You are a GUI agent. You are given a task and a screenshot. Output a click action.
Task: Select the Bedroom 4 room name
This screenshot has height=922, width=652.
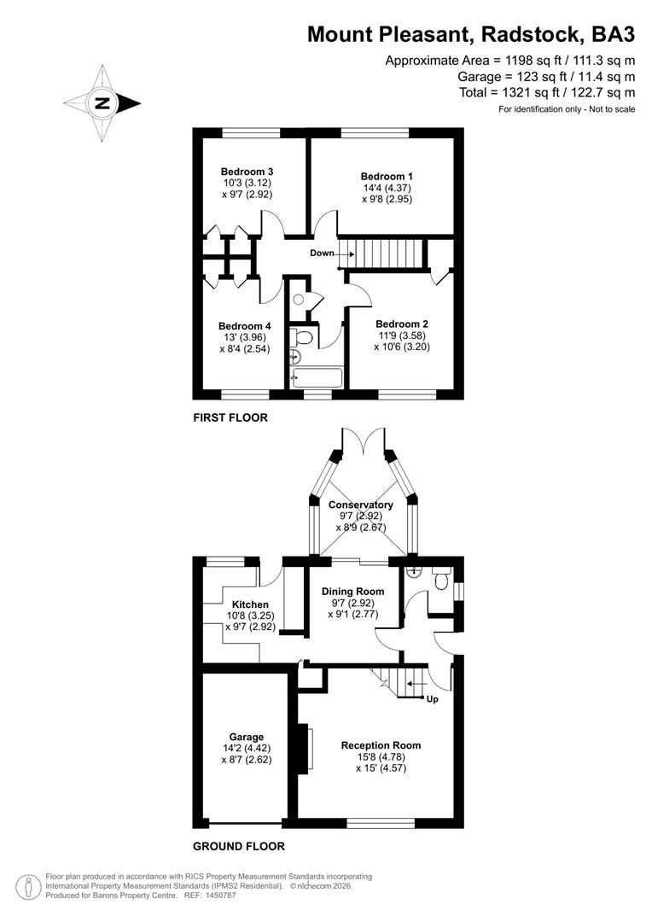[x=245, y=326]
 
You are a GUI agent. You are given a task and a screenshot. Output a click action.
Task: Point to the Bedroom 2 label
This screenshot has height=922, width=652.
[x=401, y=324]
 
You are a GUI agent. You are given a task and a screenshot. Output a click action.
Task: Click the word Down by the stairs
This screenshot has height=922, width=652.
[x=322, y=254]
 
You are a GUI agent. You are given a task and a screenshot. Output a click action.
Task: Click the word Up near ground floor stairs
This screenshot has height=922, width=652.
[x=432, y=699]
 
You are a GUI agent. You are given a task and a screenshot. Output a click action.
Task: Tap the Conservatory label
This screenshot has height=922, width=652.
[x=360, y=505]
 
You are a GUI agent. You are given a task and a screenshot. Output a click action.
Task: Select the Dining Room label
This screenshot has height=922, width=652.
[x=352, y=591]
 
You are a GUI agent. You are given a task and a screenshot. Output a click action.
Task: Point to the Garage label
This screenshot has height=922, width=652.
[x=246, y=737]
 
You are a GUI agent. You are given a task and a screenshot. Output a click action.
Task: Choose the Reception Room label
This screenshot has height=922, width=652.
[x=381, y=745]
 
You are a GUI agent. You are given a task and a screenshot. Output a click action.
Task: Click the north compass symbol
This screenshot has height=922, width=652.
[x=102, y=104]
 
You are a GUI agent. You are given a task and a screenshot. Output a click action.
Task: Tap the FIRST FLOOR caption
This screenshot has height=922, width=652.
[x=230, y=418]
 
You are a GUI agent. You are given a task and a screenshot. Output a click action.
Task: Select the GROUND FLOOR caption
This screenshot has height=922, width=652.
[x=238, y=847]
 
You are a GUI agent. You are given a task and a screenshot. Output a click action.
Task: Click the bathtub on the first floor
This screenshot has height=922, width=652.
[x=317, y=376]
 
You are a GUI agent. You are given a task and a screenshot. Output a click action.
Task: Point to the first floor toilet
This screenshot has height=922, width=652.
[x=302, y=338]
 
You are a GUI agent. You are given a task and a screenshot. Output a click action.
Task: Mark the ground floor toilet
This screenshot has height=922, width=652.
[x=441, y=581]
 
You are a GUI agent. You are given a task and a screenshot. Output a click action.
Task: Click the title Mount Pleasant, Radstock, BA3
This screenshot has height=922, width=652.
[x=471, y=34]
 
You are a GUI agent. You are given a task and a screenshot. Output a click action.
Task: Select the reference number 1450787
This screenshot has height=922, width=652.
[x=221, y=896]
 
